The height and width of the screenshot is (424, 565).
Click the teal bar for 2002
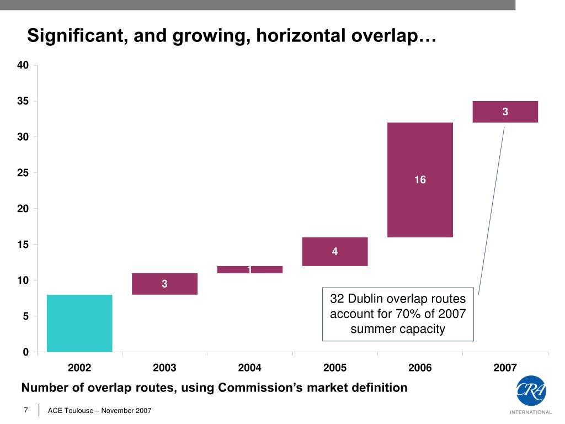pos(79,323)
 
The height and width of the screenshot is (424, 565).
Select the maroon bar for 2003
pos(164,284)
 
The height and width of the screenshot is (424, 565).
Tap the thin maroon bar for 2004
pos(250,269)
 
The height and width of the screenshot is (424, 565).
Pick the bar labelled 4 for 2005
pos(335,252)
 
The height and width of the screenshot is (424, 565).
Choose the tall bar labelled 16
pos(420,179)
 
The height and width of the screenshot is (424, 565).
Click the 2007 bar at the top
pos(505,112)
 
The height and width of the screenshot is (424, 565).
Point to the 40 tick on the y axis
pos(23,65)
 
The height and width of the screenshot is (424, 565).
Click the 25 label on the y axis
pos(23,173)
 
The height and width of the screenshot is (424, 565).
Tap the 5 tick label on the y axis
pos(25,316)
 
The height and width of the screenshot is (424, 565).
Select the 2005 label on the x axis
pos(335,368)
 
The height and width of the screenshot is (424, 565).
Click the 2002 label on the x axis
pos(79,368)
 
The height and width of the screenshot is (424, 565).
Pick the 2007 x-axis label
pos(505,368)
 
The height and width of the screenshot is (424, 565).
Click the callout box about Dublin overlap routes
pos(398,314)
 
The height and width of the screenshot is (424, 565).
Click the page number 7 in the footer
pos(26,410)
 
